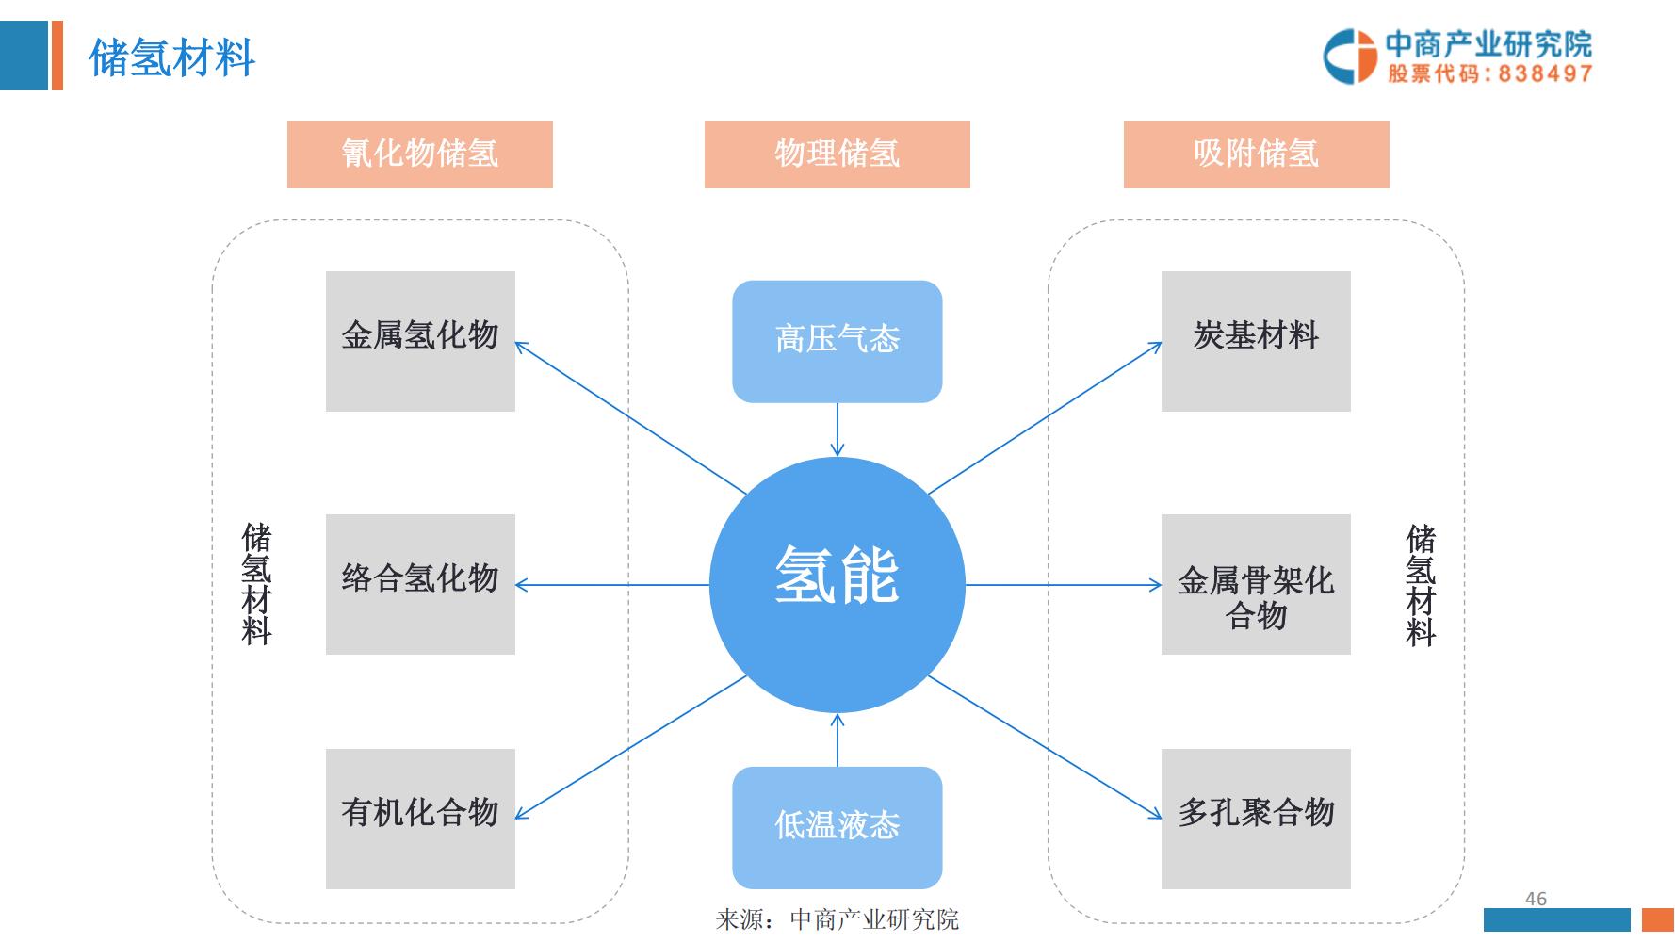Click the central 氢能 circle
click(x=837, y=584)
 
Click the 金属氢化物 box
click(x=420, y=341)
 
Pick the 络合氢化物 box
click(x=420, y=584)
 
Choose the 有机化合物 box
click(x=420, y=818)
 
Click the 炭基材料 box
click(x=1255, y=341)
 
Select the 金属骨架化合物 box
click(x=1255, y=584)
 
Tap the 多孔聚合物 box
click(x=1255, y=818)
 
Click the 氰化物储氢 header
click(x=419, y=154)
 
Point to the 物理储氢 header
click(x=837, y=154)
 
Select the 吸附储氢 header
click(x=1256, y=154)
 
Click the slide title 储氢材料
click(x=171, y=57)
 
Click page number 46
click(x=1536, y=899)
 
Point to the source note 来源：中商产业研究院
click(x=837, y=919)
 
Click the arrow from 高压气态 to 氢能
click(x=837, y=430)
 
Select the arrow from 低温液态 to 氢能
click(x=837, y=740)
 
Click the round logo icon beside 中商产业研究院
click(x=1350, y=56)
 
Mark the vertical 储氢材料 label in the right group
click(x=1421, y=584)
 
